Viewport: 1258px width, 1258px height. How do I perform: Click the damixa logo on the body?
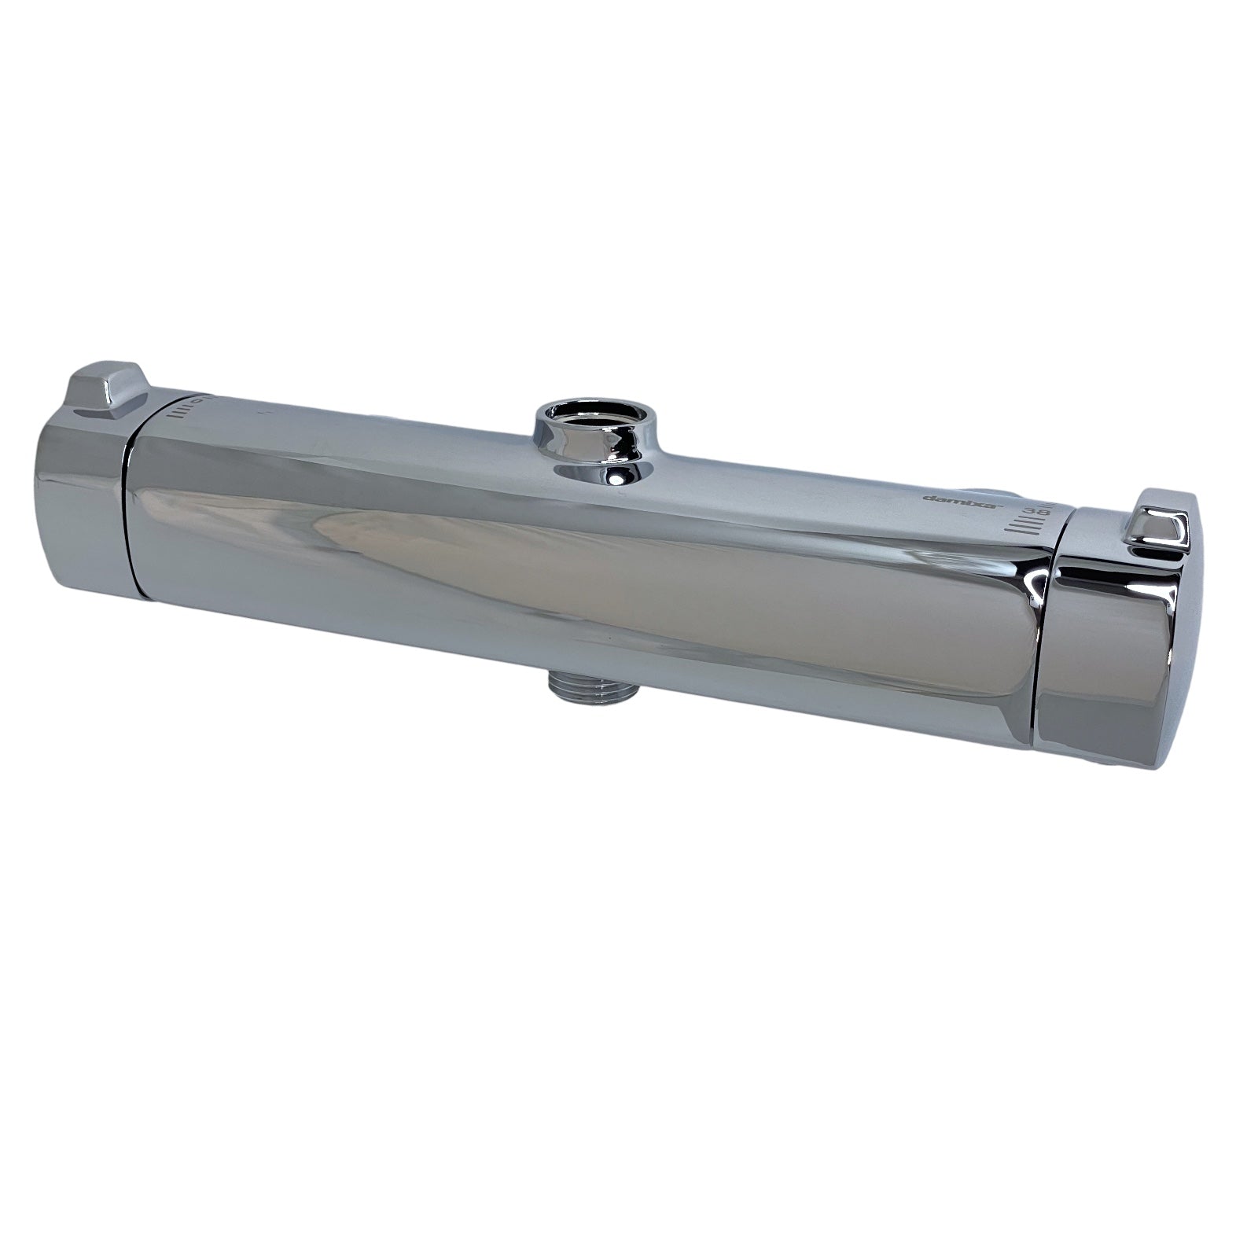click(x=948, y=499)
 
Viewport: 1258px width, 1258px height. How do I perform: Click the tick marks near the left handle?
click(x=182, y=409)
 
